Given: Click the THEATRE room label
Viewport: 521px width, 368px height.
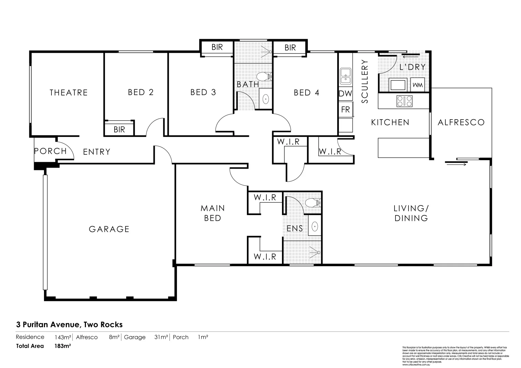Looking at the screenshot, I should (x=69, y=92).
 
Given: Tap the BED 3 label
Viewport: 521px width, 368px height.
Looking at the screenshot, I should (x=203, y=92).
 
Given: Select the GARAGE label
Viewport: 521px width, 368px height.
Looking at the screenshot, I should (x=109, y=229).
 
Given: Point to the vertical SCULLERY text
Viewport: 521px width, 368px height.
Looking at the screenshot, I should (x=365, y=81).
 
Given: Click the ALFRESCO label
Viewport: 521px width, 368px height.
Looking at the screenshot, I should (x=461, y=122).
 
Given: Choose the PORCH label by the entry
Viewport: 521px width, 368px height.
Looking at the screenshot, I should (x=50, y=151).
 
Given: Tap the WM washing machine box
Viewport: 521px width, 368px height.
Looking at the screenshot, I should (x=418, y=85).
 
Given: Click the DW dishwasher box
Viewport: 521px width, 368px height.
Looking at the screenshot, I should (x=345, y=93).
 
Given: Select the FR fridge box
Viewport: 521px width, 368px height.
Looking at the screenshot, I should (x=345, y=110).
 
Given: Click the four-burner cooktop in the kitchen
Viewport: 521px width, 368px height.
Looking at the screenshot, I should (x=404, y=101).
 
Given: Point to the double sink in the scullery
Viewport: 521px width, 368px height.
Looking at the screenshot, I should (x=346, y=76).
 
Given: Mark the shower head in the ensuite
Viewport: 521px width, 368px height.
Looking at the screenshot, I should (x=318, y=252).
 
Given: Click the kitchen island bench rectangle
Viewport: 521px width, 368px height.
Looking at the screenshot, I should (x=403, y=148).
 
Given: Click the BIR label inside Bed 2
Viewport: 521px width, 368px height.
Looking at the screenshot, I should (x=119, y=129).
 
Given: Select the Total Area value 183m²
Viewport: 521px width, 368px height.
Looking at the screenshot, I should (x=63, y=346).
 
